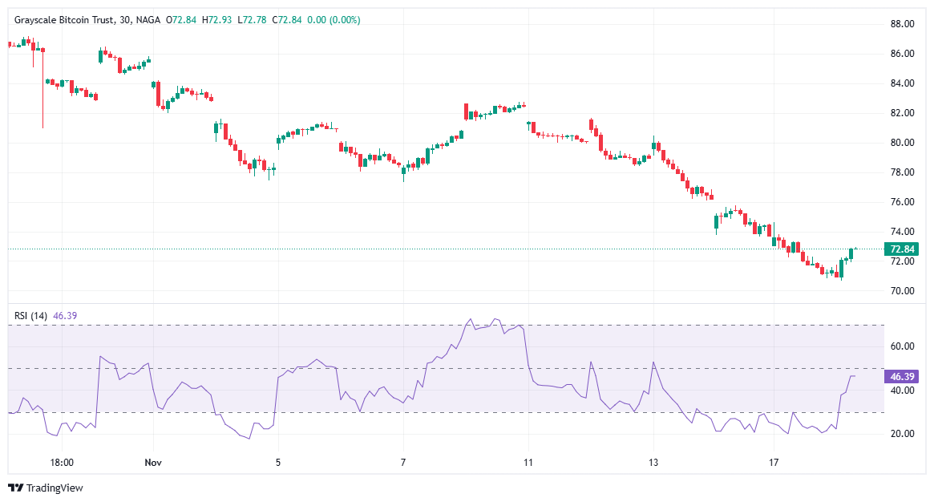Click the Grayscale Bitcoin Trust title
click(64, 19)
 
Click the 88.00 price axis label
click(903, 24)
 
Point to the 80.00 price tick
click(903, 143)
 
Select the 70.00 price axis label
click(903, 291)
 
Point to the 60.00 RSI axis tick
click(903, 346)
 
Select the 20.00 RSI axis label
click(903, 434)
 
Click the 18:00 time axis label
click(62, 463)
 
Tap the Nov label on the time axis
click(153, 463)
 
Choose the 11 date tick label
click(528, 463)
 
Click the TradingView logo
click(46, 488)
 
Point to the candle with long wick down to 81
click(42, 88)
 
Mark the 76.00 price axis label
click(903, 202)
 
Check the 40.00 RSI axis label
click(903, 391)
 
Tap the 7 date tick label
click(403, 463)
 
